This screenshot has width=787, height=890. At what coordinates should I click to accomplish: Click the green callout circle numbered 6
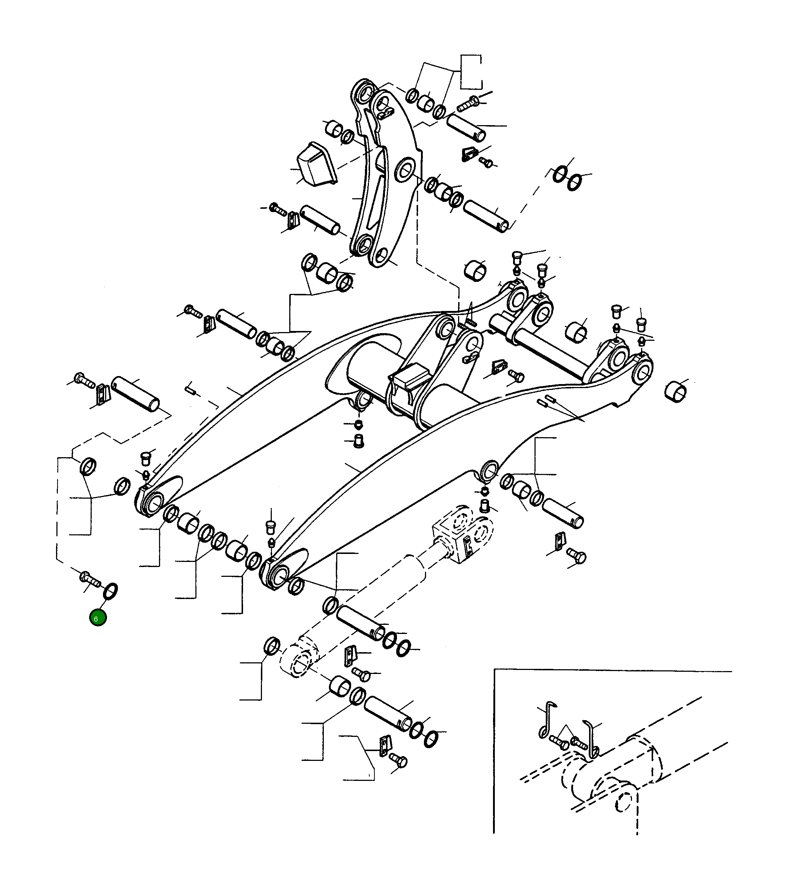98,618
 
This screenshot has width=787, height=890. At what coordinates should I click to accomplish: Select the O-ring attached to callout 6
110,591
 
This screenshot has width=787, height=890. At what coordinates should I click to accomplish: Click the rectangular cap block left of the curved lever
316,164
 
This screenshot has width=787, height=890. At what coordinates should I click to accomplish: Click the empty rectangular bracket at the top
471,72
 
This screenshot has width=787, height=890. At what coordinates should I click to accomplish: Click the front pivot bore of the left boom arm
153,505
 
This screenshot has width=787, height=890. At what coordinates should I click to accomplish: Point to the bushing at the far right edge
676,391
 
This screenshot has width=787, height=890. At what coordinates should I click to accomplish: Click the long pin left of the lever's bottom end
320,220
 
